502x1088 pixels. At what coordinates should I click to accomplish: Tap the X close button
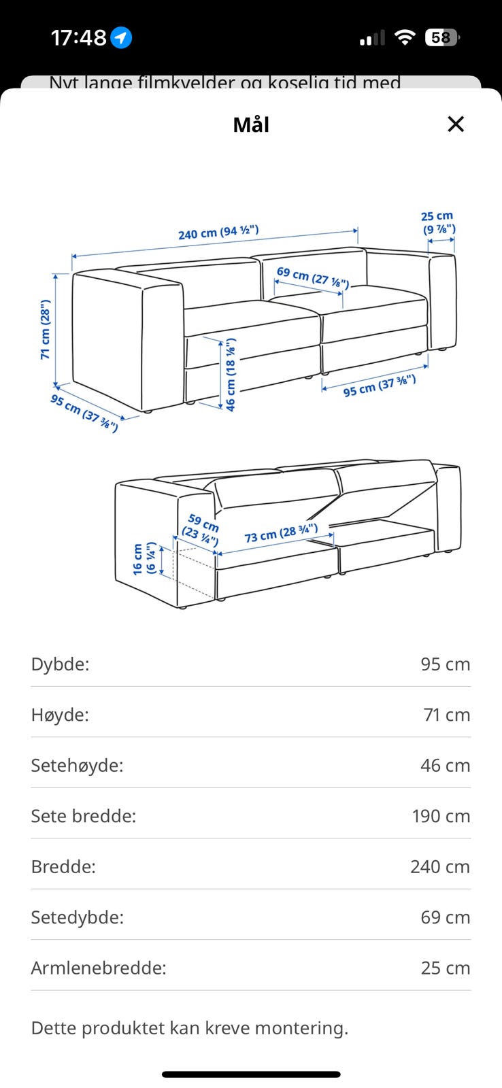click(455, 124)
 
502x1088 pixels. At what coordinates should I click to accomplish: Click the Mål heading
click(251, 124)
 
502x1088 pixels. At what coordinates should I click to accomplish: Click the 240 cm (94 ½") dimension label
click(218, 232)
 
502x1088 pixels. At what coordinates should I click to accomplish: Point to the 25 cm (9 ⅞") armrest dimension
click(438, 222)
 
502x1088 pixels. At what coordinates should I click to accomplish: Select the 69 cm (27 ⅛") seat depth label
click(312, 277)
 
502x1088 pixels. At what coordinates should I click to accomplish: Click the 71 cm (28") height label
click(45, 329)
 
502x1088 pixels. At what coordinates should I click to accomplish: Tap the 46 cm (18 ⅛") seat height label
click(231, 375)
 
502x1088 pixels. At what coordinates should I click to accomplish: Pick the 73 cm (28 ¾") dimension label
click(281, 533)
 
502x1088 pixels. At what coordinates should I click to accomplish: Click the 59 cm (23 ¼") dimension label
click(201, 530)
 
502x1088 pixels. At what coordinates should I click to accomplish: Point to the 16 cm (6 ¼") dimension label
click(144, 558)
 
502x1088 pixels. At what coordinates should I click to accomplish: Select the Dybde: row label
click(61, 664)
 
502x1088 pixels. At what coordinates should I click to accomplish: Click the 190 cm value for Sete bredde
click(441, 816)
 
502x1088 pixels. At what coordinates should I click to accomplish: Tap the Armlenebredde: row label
click(99, 968)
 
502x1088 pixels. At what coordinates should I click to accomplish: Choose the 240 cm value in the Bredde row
click(440, 866)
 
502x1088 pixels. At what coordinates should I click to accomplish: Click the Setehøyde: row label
click(78, 766)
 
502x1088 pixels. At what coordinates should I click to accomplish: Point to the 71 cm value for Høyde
click(447, 715)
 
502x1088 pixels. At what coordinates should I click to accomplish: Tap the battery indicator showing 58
click(442, 37)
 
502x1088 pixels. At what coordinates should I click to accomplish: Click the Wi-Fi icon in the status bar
click(405, 37)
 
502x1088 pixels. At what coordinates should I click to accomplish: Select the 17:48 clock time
click(78, 37)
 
